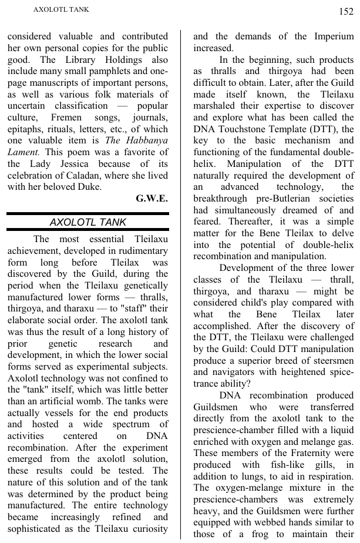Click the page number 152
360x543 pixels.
click(x=345, y=11)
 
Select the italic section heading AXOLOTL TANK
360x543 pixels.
click(x=88, y=222)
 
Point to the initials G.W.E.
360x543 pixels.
click(x=152, y=199)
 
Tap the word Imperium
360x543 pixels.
click(x=334, y=36)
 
